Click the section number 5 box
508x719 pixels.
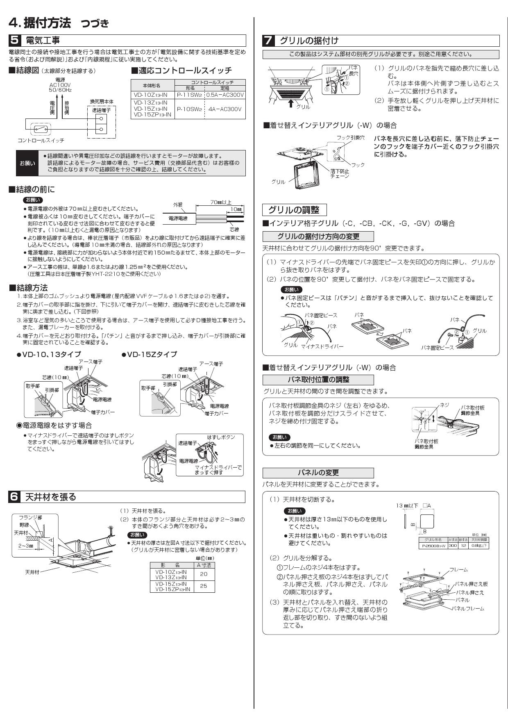pos(14,41)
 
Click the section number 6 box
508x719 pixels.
pos(14,497)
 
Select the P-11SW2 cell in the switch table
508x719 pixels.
pos(189,95)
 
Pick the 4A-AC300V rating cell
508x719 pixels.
pos(225,109)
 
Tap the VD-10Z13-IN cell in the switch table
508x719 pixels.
pos(151,95)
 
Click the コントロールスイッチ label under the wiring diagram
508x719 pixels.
pos(41,140)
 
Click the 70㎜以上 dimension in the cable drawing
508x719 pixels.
pos(220,202)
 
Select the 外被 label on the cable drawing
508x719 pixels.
pos(177,205)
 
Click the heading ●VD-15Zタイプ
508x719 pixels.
pos(150,354)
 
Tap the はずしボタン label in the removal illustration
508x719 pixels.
pos(221,437)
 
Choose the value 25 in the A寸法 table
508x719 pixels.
pos(204,586)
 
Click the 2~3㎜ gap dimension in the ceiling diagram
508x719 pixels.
pos(25,546)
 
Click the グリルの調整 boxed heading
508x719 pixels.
pos(294,210)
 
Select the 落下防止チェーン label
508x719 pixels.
pos(340,173)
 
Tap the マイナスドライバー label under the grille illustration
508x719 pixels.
pos(322,346)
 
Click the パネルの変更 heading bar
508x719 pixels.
pos(318,473)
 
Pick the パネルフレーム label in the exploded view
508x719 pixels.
pos(469,609)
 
